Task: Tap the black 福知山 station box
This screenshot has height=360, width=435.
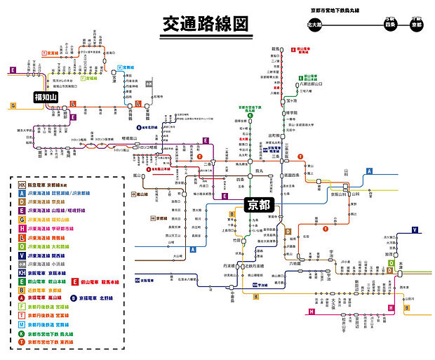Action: (45, 97)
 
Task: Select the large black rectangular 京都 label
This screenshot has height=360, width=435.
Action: (260, 204)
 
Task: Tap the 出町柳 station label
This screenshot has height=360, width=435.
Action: (274, 135)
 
